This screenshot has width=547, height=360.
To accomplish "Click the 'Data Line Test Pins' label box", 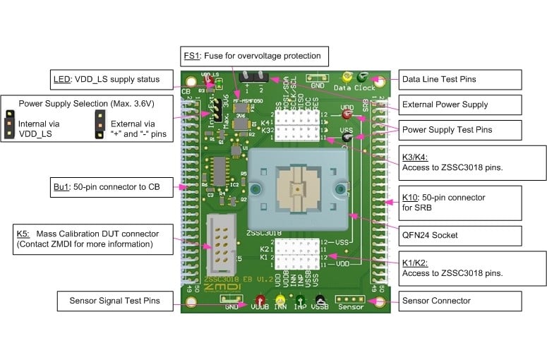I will pos(460,79).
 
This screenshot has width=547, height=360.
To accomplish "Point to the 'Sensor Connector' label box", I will pos(460,301).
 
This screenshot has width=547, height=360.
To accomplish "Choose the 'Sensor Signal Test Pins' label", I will pos(114,301).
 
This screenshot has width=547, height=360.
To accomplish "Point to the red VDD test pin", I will pos(347,113).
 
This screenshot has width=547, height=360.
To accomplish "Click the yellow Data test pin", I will pos(347,78).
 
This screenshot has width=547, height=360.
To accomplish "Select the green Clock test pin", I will pos(363,77).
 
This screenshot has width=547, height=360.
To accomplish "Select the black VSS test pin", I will pos(347,137).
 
